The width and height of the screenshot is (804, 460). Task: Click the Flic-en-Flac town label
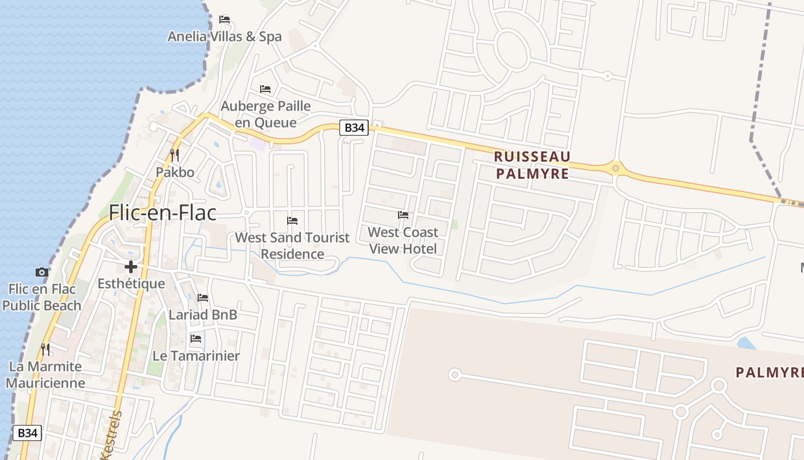click(x=163, y=213)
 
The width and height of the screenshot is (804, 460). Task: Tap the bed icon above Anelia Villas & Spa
click(x=225, y=20)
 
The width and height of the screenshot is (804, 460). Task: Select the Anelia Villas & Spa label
click(x=225, y=37)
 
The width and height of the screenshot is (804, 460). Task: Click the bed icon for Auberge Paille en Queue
click(x=265, y=89)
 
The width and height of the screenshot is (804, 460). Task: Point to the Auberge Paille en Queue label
click(x=266, y=114)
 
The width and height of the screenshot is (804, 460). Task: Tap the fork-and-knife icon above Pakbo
click(x=175, y=155)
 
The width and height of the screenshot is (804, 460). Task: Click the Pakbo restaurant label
click(x=175, y=172)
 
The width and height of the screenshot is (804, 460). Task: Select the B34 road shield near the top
click(x=354, y=128)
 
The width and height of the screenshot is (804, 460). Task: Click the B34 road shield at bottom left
click(x=27, y=433)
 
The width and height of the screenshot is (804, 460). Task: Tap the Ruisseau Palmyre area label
click(x=532, y=165)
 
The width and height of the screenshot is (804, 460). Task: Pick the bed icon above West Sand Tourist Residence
click(x=292, y=221)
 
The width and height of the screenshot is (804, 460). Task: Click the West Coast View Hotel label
click(x=403, y=240)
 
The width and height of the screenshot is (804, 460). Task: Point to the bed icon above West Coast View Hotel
click(x=403, y=215)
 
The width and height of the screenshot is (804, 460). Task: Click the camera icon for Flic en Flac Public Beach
click(x=41, y=272)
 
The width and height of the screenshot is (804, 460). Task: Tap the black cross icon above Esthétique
click(x=131, y=267)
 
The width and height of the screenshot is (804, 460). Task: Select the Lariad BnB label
click(x=203, y=315)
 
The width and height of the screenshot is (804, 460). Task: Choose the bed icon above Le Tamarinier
click(x=196, y=339)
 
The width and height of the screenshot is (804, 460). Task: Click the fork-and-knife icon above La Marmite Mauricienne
click(x=45, y=349)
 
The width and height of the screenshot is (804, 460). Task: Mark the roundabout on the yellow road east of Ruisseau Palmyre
click(x=616, y=168)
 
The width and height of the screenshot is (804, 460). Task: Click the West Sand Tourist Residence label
click(x=292, y=246)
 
